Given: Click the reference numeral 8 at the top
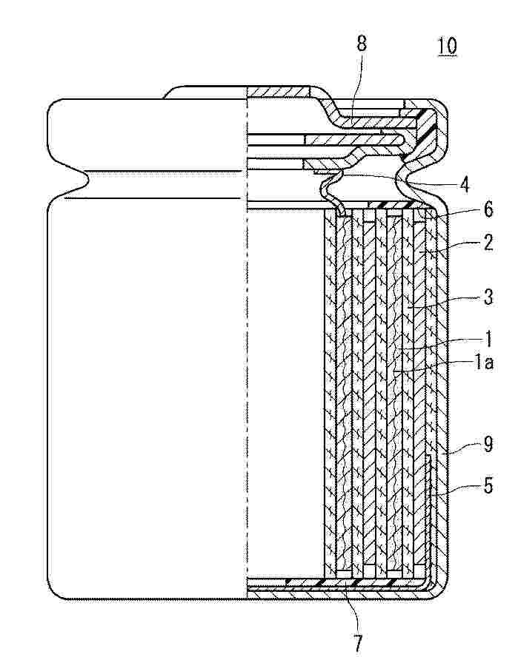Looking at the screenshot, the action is pyautogui.click(x=362, y=43).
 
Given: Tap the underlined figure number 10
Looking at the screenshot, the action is pyautogui.click(x=447, y=46).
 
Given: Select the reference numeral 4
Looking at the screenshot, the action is pyautogui.click(x=464, y=184).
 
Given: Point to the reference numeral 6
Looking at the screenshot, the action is pyautogui.click(x=488, y=209).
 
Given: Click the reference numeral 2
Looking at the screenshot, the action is pyautogui.click(x=488, y=242).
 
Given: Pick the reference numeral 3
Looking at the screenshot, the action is pyautogui.click(x=488, y=297).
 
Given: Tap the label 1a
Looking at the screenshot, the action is pyautogui.click(x=484, y=362).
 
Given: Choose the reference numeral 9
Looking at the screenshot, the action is pyautogui.click(x=488, y=444).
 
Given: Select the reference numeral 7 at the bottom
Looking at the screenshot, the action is pyautogui.click(x=357, y=643).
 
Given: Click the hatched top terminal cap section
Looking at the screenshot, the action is pyautogui.click(x=279, y=91).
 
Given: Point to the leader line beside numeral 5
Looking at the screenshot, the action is pyautogui.click(x=456, y=491).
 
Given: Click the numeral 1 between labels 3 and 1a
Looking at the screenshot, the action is pyautogui.click(x=488, y=339).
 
